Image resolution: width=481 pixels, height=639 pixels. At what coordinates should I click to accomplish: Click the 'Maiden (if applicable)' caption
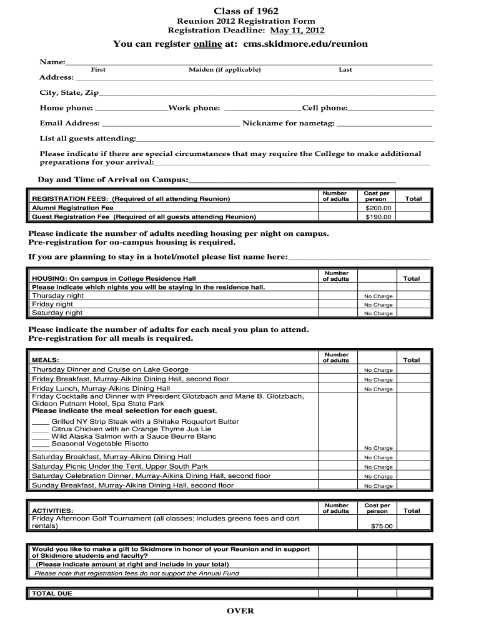click(x=224, y=70)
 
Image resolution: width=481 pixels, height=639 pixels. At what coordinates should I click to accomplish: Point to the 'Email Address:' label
click(x=69, y=123)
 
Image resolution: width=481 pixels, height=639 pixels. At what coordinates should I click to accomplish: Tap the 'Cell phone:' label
click(x=325, y=108)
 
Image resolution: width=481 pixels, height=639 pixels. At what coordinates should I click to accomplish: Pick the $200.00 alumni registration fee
click(x=378, y=208)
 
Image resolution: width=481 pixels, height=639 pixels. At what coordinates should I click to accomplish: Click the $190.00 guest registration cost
click(x=378, y=217)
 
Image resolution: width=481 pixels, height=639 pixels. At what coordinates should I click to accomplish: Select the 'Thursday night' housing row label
click(x=58, y=295)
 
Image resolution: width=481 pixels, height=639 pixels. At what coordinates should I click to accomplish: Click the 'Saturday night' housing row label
click(x=57, y=313)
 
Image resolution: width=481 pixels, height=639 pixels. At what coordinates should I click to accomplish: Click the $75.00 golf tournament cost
click(x=382, y=526)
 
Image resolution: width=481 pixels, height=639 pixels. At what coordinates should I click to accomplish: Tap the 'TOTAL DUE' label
click(x=52, y=593)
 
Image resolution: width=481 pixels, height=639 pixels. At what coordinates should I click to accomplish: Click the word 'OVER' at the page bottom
click(x=241, y=611)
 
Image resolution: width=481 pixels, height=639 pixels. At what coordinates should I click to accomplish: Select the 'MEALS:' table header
click(x=46, y=360)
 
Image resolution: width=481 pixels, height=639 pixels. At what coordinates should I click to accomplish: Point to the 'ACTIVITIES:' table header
click(x=52, y=510)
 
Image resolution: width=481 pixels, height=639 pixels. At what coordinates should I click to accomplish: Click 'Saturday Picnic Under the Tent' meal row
click(x=120, y=466)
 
